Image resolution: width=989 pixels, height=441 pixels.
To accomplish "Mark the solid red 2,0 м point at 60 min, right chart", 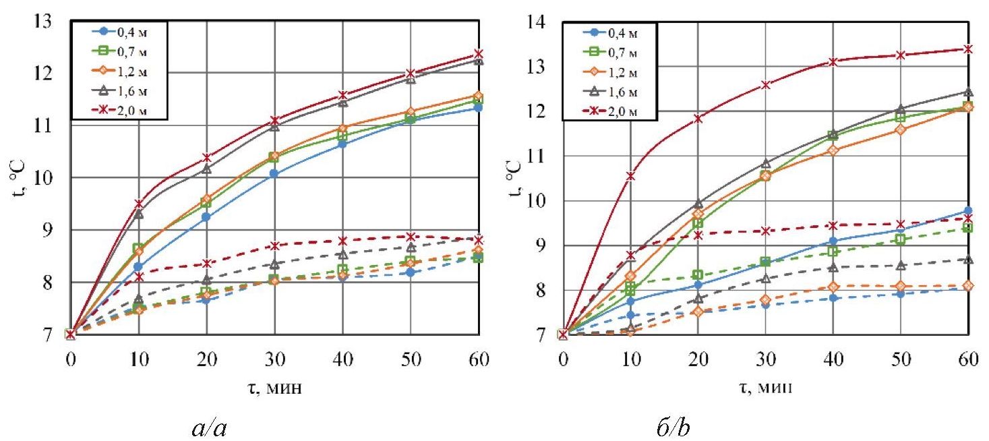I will pyautogui.click(x=968, y=49).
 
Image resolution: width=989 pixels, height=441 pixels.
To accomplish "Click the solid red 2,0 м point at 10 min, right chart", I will pyautogui.click(x=630, y=176).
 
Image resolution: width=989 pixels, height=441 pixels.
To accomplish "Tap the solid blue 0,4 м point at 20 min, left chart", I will pyautogui.click(x=206, y=216).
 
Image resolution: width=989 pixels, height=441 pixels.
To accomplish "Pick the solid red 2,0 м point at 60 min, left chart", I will pyautogui.click(x=478, y=54).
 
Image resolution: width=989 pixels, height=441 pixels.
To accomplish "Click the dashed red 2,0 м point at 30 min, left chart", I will pyautogui.click(x=274, y=245).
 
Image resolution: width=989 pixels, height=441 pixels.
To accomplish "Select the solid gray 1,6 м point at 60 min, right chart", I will pyautogui.click(x=968, y=92).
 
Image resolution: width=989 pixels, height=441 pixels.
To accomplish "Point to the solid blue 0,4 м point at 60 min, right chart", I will pyautogui.click(x=968, y=210).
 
